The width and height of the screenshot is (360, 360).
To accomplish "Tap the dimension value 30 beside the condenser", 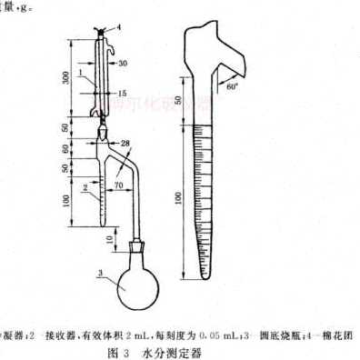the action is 122,62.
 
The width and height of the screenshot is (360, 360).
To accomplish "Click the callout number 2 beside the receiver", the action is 84,189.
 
